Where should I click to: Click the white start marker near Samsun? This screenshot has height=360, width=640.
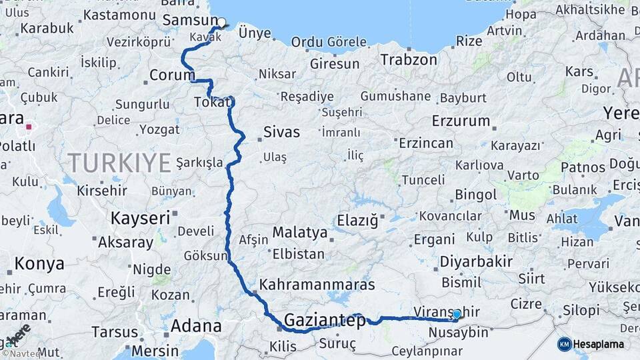click(221, 21)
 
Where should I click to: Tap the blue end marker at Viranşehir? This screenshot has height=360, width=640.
click(457, 314)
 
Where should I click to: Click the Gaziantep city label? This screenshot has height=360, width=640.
click(325, 321)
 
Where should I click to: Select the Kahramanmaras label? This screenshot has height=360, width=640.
click(317, 284)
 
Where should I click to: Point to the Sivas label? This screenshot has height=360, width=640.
click(282, 132)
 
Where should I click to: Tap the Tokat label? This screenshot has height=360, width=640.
click(211, 102)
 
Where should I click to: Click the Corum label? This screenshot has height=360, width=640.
click(172, 75)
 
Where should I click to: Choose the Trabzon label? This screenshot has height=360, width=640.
click(409, 60)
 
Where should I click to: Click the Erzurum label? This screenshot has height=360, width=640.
click(461, 121)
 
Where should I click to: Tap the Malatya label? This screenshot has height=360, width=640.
click(300, 233)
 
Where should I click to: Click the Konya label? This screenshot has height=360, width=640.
click(39, 263)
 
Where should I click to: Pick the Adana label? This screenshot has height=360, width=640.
click(196, 327)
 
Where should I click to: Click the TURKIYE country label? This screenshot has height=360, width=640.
click(120, 162)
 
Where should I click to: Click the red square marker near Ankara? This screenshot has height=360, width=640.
click(29, 125)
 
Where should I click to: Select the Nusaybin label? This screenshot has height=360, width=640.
click(459, 332)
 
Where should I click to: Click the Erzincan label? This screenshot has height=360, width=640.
click(426, 143)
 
